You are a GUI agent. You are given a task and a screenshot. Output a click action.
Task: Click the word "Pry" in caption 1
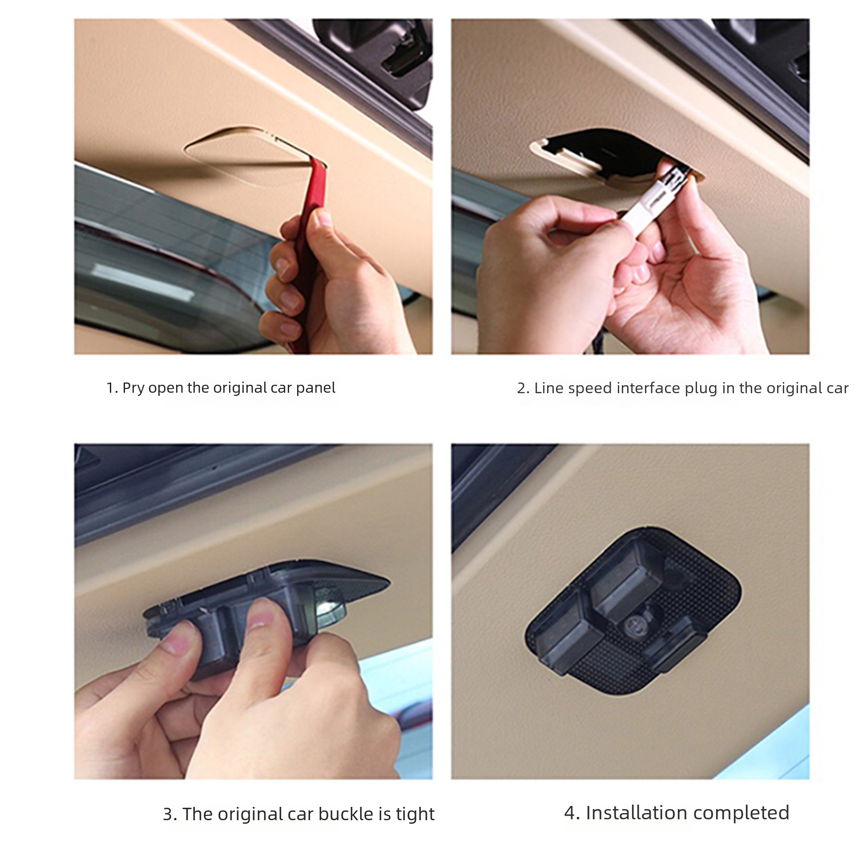133,388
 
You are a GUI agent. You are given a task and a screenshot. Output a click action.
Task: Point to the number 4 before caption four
571,813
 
